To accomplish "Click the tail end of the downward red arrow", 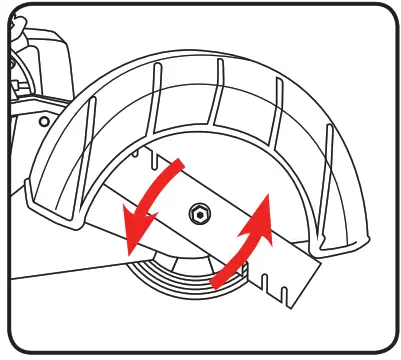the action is pos(181,160).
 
